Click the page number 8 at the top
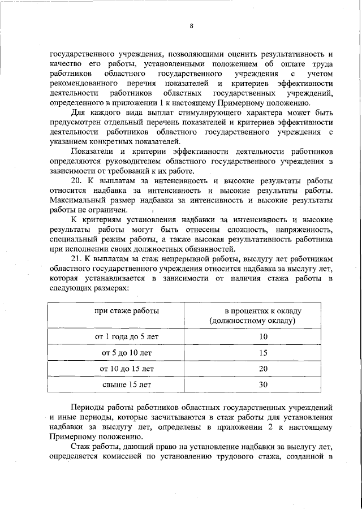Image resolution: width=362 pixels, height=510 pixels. [x=192, y=25]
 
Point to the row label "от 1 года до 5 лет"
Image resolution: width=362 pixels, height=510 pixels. [x=127, y=336]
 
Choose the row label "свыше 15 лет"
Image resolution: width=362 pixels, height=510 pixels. [x=127, y=385]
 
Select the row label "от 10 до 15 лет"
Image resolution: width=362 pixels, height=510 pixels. [x=127, y=369]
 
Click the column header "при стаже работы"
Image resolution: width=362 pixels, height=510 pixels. [x=127, y=311]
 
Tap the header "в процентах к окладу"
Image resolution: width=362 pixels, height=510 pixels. [x=263, y=311]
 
